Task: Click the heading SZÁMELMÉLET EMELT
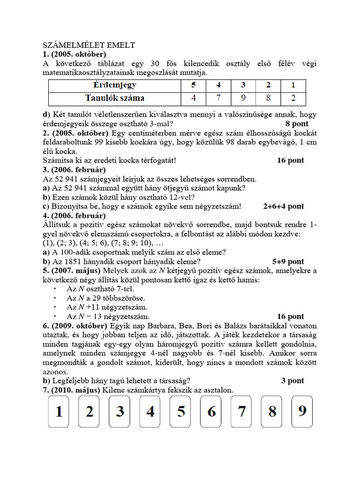[89, 45]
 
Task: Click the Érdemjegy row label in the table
[114, 86]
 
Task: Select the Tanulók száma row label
[114, 98]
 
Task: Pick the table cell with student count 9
[243, 98]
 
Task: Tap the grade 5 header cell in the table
[194, 86]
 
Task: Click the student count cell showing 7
[218, 98]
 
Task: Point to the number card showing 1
[60, 412]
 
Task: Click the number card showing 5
[181, 412]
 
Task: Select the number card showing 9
[302, 411]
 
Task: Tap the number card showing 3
[120, 412]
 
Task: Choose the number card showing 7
[241, 412]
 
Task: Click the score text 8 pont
[297, 124]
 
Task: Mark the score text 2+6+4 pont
[284, 206]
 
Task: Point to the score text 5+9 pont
[288, 262]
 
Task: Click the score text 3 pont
[292, 381]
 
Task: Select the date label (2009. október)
[75, 326]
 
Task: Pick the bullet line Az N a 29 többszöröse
[106, 298]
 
